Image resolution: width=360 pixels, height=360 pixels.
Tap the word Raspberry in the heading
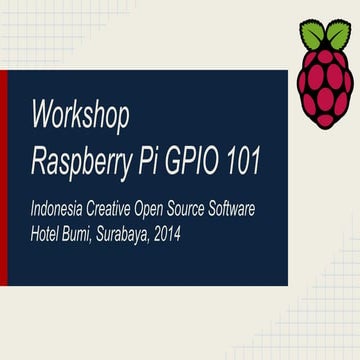click(x=79, y=157)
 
